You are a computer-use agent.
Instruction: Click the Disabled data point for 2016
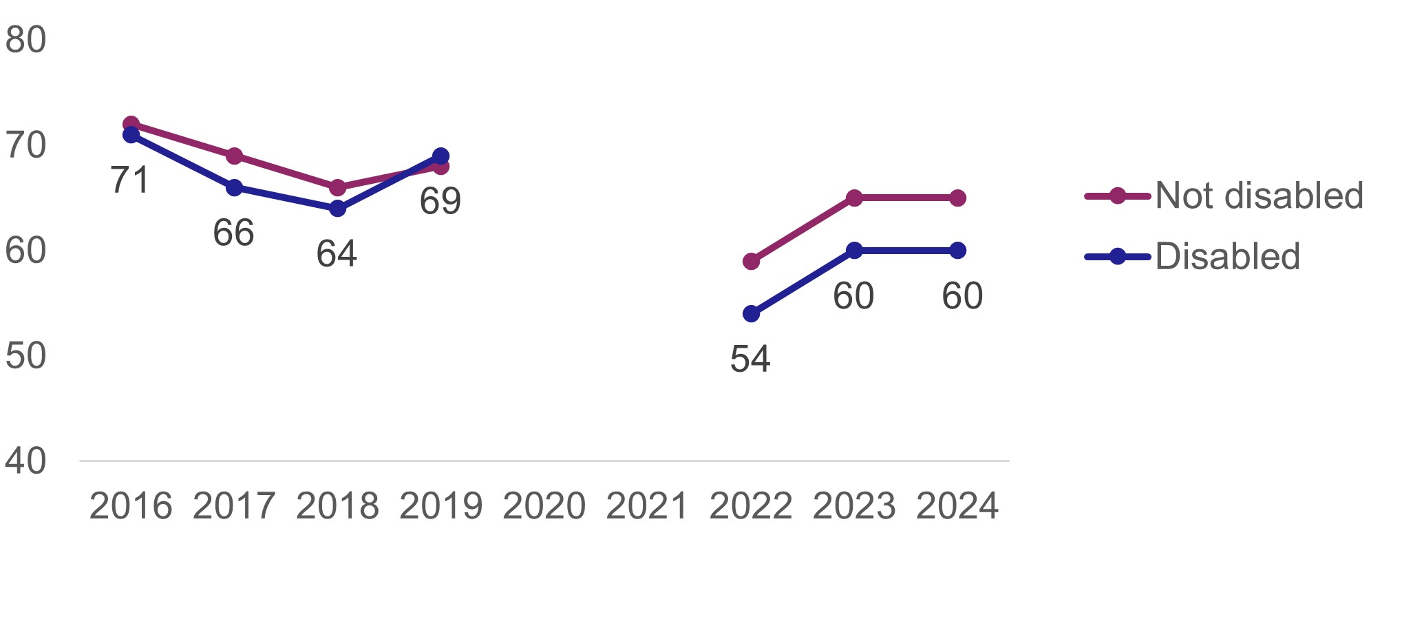tap(131, 135)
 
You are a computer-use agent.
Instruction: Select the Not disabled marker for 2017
tap(234, 156)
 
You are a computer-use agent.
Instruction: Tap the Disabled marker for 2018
tap(337, 208)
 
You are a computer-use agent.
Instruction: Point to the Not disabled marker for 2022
tap(751, 261)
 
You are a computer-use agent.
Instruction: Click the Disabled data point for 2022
tap(751, 314)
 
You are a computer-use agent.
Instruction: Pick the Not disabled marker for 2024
tap(957, 198)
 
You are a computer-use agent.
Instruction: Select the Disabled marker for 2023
tap(854, 251)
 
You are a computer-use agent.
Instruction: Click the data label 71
tap(130, 180)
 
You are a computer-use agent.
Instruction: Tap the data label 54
tap(750, 359)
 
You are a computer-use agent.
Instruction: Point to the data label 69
tap(440, 201)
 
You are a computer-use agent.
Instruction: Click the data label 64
tap(337, 254)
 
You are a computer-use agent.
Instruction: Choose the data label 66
tap(233, 233)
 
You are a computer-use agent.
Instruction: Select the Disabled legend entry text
tap(1227, 256)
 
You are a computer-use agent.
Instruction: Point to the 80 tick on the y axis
tap(25, 40)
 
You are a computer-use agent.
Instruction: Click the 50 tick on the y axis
tap(25, 356)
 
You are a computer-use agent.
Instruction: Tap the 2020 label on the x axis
tap(544, 507)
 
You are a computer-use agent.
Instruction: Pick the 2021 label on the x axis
tap(647, 507)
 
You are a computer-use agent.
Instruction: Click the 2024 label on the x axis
tap(957, 507)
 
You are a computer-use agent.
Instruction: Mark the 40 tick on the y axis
tap(25, 461)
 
